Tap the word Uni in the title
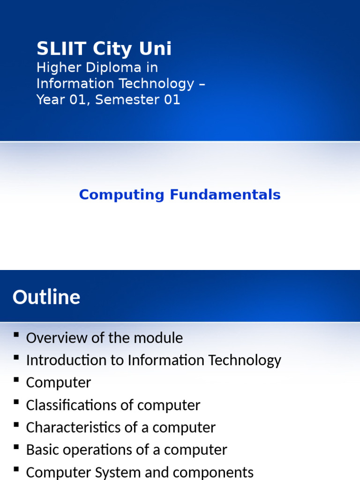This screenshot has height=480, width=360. [156, 49]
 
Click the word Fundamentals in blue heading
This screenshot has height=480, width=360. [225, 195]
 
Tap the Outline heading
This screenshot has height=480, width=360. [46, 297]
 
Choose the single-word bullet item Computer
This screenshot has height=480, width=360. [59, 383]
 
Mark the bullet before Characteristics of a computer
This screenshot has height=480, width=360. [17, 425]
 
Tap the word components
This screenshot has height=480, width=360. [210, 472]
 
